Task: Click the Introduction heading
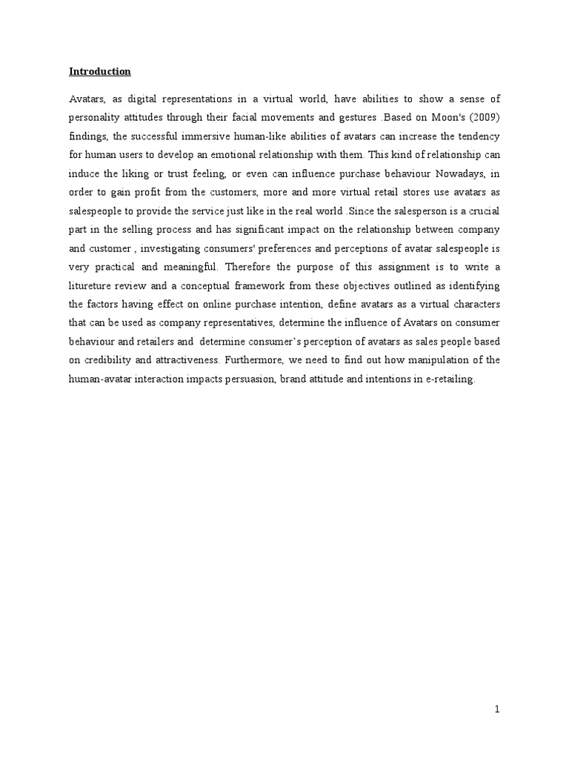(100, 72)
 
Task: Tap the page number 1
(498, 709)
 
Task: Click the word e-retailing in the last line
(445, 379)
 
